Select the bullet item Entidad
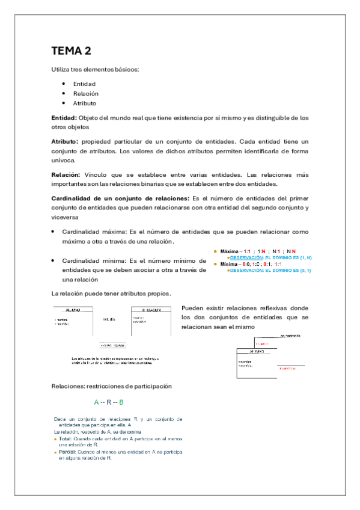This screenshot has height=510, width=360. (84, 84)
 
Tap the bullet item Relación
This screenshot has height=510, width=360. (86, 94)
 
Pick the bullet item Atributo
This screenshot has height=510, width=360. (85, 103)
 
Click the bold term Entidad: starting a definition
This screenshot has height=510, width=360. (64, 118)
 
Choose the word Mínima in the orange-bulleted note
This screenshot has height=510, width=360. (228, 263)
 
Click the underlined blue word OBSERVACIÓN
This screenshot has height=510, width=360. (246, 257)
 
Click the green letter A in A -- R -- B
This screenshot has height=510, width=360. (96, 402)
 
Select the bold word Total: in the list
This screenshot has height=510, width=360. (65, 438)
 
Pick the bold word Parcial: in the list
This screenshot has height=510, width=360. (66, 452)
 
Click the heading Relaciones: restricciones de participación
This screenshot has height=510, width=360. (112, 386)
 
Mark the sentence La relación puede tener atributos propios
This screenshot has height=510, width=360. (111, 293)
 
